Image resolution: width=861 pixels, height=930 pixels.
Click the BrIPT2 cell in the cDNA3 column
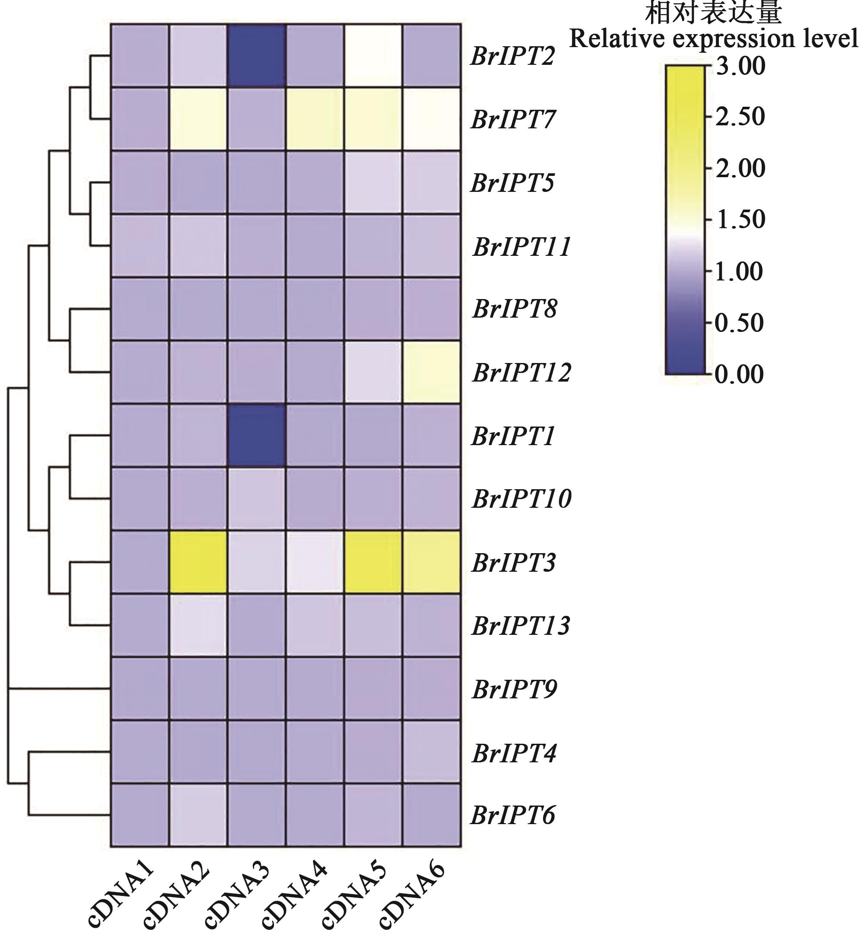257,55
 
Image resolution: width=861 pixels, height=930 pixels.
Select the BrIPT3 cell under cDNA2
198,562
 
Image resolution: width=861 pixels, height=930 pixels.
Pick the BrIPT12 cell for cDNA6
432,372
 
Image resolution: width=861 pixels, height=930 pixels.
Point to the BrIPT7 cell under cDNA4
315,119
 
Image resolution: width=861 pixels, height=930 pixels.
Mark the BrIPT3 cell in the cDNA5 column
373,562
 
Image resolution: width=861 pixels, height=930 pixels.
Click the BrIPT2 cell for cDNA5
373,55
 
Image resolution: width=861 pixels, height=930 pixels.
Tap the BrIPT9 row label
515,689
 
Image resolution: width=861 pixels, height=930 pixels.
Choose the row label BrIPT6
513,815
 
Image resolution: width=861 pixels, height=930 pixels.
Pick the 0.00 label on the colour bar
740,374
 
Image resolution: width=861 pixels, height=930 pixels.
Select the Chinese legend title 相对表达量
713,13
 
